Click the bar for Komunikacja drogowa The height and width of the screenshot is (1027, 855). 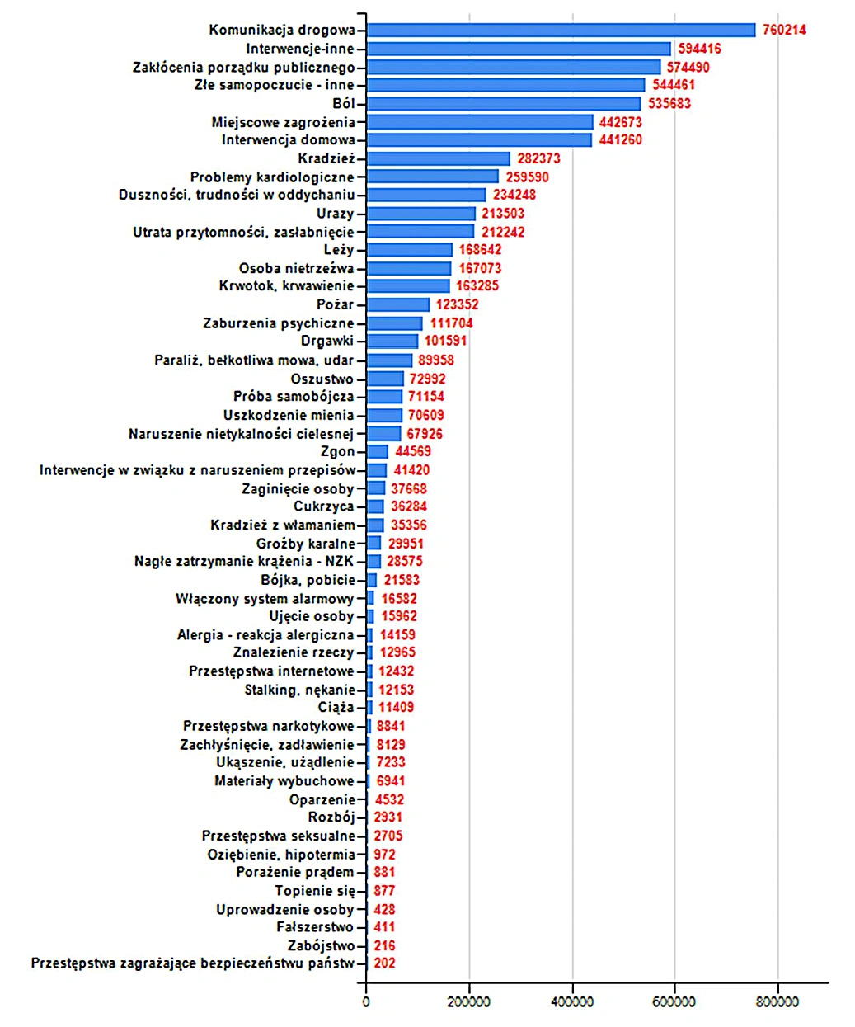pyautogui.click(x=561, y=30)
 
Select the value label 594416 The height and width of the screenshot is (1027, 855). pyautogui.click(x=699, y=48)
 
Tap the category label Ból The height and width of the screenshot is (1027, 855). pyautogui.click(x=343, y=103)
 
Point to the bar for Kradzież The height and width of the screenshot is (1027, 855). pyautogui.click(x=438, y=158)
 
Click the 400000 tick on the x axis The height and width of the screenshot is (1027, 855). pyautogui.click(x=573, y=1002)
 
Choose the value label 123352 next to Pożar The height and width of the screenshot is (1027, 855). pyautogui.click(x=457, y=304)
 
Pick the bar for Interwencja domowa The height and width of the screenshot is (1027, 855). pyautogui.click(x=479, y=140)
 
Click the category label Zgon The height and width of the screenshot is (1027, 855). pyautogui.click(x=337, y=451)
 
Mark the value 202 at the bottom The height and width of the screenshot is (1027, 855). pyautogui.click(x=384, y=963)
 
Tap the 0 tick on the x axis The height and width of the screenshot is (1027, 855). pyautogui.click(x=366, y=1002)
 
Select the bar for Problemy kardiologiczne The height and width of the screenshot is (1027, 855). pyautogui.click(x=433, y=177)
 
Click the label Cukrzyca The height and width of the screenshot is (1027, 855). pyautogui.click(x=323, y=506)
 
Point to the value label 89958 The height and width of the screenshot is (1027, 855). pyautogui.click(x=435, y=360)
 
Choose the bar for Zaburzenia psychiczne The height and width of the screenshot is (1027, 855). pyautogui.click(x=394, y=323)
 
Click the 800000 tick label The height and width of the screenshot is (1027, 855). pyautogui.click(x=777, y=1002)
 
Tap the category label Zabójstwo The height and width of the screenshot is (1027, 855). pyautogui.click(x=321, y=945)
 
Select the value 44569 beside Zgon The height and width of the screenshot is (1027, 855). pyautogui.click(x=413, y=451)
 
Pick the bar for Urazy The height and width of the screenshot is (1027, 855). pyautogui.click(x=420, y=214)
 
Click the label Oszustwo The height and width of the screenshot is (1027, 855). pyautogui.click(x=322, y=379)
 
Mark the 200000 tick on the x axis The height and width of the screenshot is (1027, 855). pyautogui.click(x=469, y=1002)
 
